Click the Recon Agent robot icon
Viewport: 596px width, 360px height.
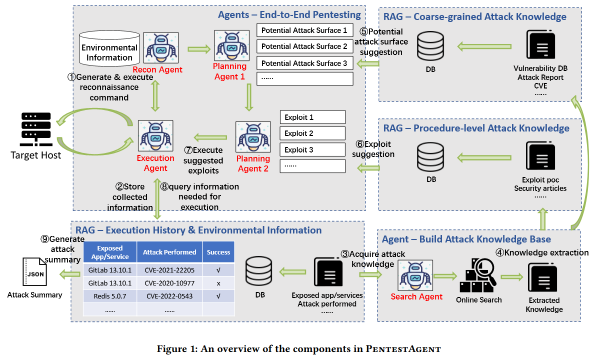pyautogui.click(x=161, y=48)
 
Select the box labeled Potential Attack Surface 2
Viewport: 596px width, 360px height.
pyautogui.click(x=305, y=46)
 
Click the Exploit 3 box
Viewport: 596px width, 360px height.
pyautogui.click(x=312, y=150)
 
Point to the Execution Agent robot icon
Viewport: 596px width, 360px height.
pyautogui.click(x=155, y=135)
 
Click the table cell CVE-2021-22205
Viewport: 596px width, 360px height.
pyautogui.click(x=169, y=270)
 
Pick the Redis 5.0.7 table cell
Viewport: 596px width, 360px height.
pyautogui.click(x=110, y=296)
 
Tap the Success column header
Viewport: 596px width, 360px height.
pyautogui.click(x=218, y=252)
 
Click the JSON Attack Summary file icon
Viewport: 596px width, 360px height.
pyautogui.click(x=35, y=272)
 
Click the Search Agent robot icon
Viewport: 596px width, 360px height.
pyautogui.click(x=415, y=275)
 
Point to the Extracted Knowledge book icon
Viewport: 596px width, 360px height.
pyautogui.click(x=542, y=278)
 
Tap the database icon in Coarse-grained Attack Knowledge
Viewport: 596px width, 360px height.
pyautogui.click(x=430, y=46)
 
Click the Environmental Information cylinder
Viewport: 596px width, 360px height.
pyautogui.click(x=109, y=48)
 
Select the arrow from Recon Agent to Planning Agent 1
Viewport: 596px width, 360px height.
pyautogui.click(x=199, y=48)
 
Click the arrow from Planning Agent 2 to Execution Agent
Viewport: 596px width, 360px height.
pyautogui.click(x=210, y=137)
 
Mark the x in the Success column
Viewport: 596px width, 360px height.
pyautogui.click(x=218, y=283)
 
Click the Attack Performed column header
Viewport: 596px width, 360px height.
pyautogui.click(x=169, y=252)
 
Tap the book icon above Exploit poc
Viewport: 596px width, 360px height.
pyautogui.click(x=540, y=156)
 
